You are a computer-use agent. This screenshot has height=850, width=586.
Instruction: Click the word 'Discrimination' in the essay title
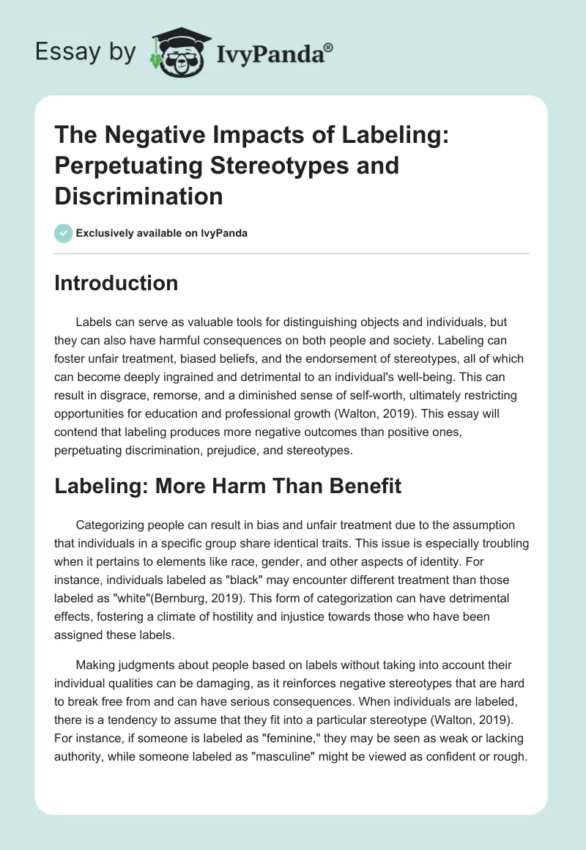click(139, 196)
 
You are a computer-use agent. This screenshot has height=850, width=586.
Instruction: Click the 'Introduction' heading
click(116, 284)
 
